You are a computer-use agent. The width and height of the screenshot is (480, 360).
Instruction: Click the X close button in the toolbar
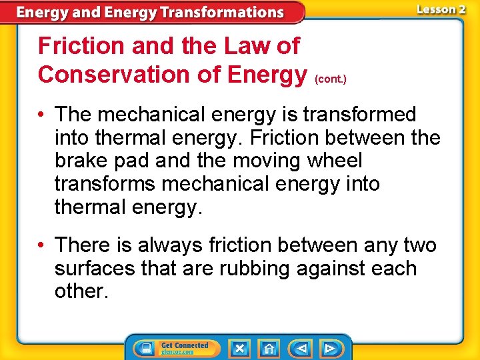point(239,349)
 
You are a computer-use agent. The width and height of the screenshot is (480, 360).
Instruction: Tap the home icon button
point(269,349)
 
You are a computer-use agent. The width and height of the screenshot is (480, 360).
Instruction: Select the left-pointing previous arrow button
point(301,349)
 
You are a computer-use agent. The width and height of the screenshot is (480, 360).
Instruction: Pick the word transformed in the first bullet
point(359,115)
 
